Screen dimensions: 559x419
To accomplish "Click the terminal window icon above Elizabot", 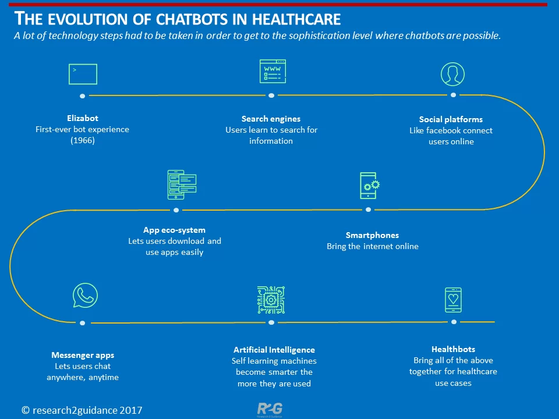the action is point(83,74).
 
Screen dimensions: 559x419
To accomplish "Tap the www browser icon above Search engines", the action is point(273,71).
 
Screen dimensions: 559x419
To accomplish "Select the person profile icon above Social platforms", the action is point(452,74).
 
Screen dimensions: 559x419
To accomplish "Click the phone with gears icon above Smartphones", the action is point(370,186).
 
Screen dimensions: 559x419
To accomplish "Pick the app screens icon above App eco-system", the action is point(182,184).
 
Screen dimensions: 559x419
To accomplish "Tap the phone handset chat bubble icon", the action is point(85,296).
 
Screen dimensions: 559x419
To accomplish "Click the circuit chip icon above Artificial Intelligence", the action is point(271,300).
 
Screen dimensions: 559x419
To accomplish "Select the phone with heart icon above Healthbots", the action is point(453,300).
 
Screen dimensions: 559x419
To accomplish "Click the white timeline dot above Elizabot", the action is point(82,96).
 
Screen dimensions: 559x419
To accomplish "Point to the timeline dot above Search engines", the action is point(271,95).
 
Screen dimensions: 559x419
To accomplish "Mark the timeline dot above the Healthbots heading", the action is point(454,322).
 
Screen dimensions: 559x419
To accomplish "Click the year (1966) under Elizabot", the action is point(83,140).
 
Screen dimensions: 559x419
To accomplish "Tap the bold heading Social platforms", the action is point(451,119).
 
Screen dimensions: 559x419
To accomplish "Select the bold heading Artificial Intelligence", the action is point(274,350).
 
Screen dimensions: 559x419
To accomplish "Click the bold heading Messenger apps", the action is point(83,355).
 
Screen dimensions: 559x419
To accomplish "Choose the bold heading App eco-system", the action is point(174,230).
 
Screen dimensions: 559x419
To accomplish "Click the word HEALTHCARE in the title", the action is point(296,19).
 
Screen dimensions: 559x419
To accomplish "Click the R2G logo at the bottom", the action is point(270,409).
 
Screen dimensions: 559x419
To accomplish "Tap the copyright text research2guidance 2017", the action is point(82,410).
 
